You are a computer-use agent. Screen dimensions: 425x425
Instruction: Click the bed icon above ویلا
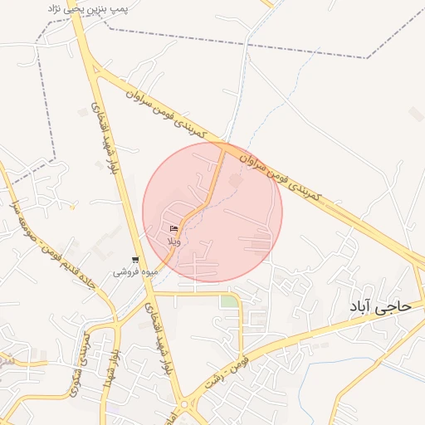[173, 228]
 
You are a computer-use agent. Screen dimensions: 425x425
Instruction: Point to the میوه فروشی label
[132, 271]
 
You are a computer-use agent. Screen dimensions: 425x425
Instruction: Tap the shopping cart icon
[135, 260]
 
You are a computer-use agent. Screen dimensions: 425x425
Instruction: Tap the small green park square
[228, 301]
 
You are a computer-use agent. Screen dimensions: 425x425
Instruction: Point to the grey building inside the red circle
[235, 179]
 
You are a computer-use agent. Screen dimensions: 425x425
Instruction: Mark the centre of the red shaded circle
[212, 212]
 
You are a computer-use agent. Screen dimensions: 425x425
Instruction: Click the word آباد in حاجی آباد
[366, 307]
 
